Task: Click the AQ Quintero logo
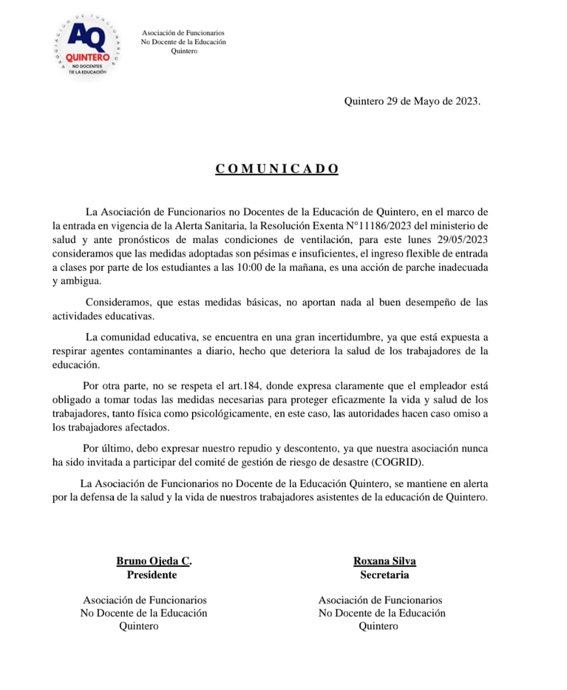pyautogui.click(x=88, y=46)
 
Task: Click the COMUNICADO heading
pyautogui.click(x=277, y=168)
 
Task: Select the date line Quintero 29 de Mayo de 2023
pyautogui.click(x=412, y=101)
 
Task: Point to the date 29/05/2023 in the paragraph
pyautogui.click(x=462, y=240)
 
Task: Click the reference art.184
pyautogui.click(x=244, y=386)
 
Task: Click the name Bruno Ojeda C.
pyautogui.click(x=154, y=561)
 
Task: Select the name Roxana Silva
pyautogui.click(x=384, y=561)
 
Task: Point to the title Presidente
pyautogui.click(x=152, y=575)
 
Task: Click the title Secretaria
pyautogui.click(x=384, y=575)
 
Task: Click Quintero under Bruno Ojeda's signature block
pyautogui.click(x=139, y=626)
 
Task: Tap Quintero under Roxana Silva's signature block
pyautogui.click(x=378, y=626)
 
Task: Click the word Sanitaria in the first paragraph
pyautogui.click(x=219, y=226)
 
